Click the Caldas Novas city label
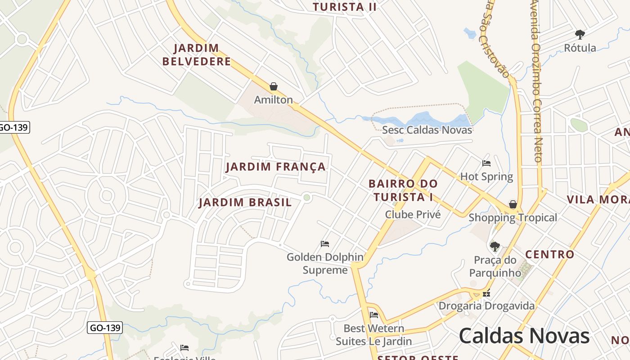(524, 336)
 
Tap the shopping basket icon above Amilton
(273, 86)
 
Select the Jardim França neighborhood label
(275, 166)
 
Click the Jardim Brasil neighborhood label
(245, 202)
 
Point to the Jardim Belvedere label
(196, 54)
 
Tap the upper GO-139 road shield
(13, 127)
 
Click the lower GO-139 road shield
(104, 328)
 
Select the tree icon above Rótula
(580, 34)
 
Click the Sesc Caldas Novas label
(427, 130)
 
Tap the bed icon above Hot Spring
(486, 163)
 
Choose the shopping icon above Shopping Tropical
(513, 205)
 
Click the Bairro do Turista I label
(403, 190)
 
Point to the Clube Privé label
(413, 215)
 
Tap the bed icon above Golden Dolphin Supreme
(325, 244)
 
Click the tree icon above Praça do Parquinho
(495, 246)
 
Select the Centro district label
(549, 254)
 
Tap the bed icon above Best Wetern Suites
(373, 315)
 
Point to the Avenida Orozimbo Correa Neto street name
(536, 81)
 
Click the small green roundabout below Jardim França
(307, 198)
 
